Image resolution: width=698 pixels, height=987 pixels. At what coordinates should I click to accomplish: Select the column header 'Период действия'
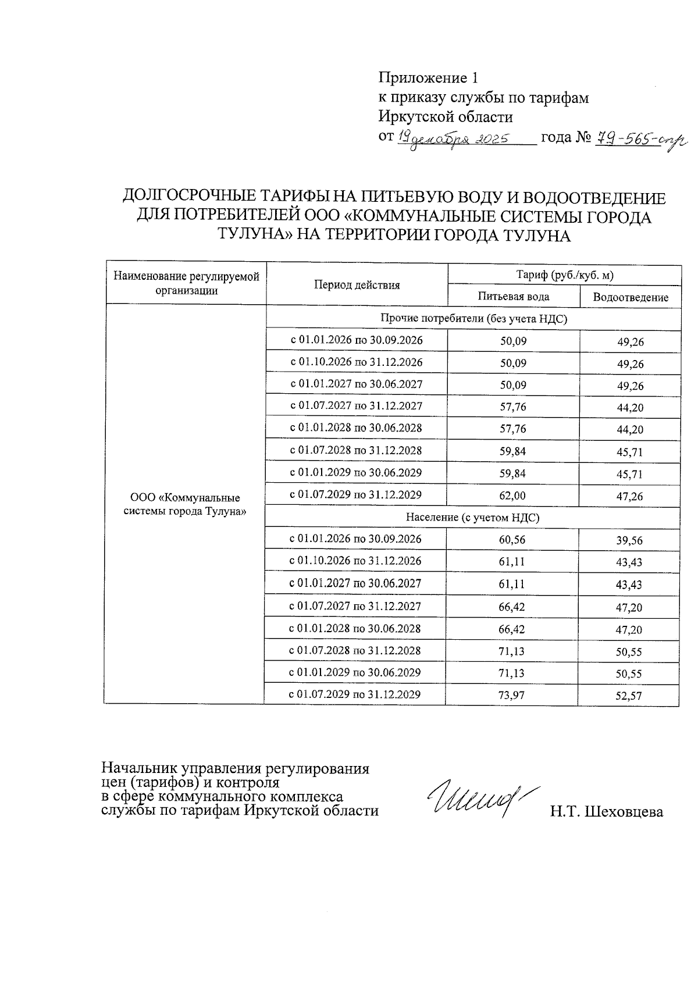click(357, 284)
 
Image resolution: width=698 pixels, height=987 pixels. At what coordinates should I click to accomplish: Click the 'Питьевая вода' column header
click(513, 297)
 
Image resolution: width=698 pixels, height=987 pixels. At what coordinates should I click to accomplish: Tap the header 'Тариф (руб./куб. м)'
click(565, 275)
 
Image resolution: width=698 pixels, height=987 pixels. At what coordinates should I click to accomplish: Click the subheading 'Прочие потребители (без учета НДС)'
click(473, 318)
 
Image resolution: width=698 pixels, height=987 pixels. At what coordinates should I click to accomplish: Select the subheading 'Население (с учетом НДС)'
click(472, 517)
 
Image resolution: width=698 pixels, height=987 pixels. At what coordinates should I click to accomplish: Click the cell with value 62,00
click(513, 496)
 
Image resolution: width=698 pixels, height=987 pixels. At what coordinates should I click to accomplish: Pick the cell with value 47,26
click(630, 497)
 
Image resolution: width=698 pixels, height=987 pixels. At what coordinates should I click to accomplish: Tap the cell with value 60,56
click(512, 540)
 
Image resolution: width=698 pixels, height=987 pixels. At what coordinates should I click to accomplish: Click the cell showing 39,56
click(629, 541)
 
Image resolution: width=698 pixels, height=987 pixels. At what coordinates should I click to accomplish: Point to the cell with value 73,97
click(511, 694)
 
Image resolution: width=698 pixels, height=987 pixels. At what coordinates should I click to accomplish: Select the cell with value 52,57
click(629, 696)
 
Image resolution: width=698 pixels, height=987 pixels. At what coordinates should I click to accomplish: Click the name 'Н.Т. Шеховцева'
click(607, 812)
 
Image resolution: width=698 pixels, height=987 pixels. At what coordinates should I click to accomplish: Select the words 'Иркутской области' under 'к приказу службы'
click(446, 117)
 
